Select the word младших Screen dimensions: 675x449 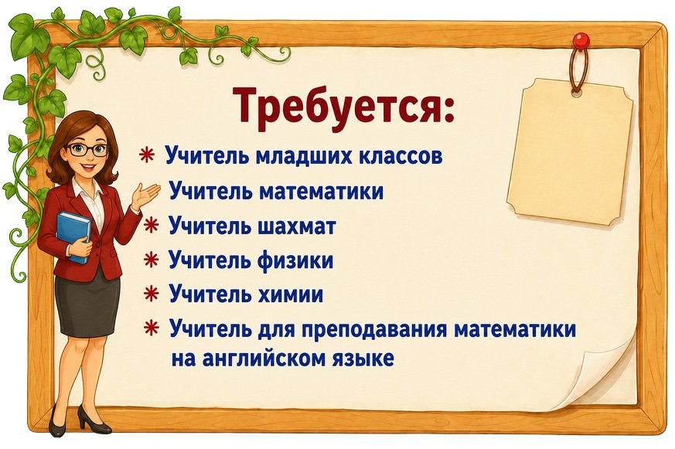(x=304, y=155)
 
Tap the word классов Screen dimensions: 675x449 (x=401, y=156)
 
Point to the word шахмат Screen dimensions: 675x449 (x=297, y=226)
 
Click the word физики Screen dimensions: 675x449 (x=295, y=260)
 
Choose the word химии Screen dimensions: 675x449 (x=291, y=294)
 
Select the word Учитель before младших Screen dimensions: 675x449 (x=207, y=155)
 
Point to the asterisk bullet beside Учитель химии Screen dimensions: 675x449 (x=151, y=294)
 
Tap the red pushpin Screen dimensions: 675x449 (x=581, y=41)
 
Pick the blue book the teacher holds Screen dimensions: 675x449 (x=73, y=236)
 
